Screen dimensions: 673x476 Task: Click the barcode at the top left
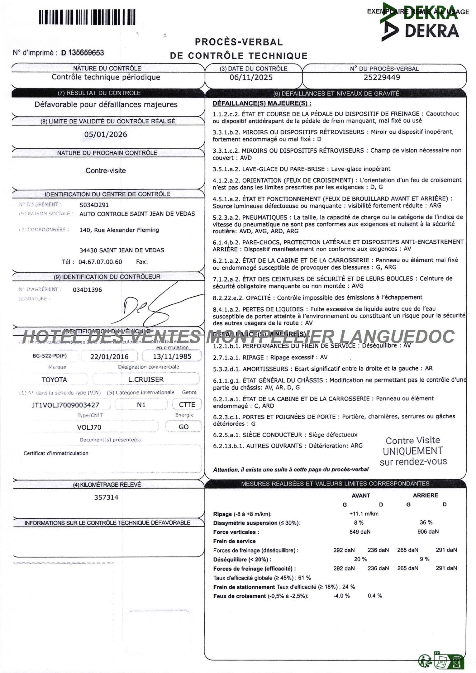coord(87,17)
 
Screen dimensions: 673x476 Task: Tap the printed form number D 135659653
coord(83,53)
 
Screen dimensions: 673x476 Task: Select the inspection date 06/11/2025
coord(251,78)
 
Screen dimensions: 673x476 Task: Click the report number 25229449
coord(382,77)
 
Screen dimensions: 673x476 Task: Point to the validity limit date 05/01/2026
coord(106,135)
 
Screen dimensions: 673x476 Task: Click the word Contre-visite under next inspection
coord(106,171)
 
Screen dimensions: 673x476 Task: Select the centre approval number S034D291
coord(94,205)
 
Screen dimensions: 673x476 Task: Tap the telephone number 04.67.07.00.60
coord(100,262)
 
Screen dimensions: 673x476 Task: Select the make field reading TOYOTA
coord(54,380)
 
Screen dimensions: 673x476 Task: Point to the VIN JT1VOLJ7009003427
coord(65,405)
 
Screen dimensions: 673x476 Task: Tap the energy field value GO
coord(183,427)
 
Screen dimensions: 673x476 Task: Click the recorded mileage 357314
coord(106,498)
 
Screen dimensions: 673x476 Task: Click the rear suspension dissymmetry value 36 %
coord(426,523)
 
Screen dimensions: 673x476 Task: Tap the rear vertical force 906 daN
coord(428,532)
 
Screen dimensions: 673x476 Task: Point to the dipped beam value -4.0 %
coord(341,596)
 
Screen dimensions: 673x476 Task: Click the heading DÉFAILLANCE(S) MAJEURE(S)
coord(262,103)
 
